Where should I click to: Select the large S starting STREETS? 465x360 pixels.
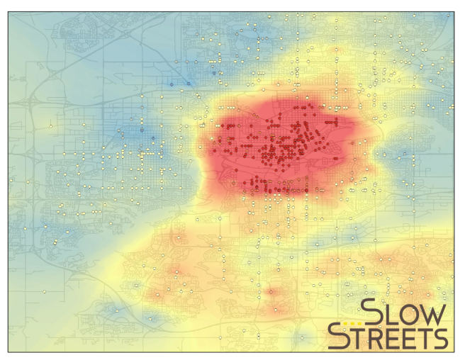tap(338, 337)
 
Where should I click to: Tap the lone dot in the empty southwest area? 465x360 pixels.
tap(44, 291)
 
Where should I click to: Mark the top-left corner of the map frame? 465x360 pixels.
tap(8, 12)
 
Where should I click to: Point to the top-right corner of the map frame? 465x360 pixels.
tap(454, 12)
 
